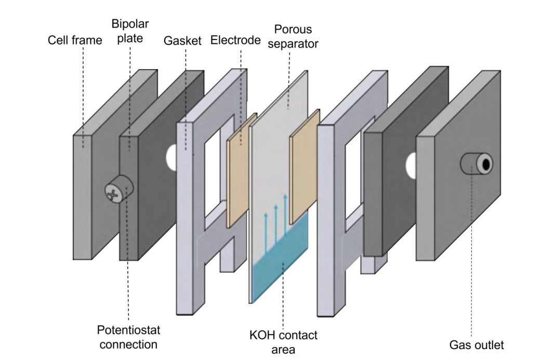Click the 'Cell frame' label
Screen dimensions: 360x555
point(75,40)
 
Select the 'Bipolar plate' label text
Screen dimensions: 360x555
point(129,32)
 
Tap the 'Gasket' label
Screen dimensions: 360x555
point(182,41)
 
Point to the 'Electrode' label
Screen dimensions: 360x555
point(235,40)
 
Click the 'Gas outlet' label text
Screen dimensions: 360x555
point(476,344)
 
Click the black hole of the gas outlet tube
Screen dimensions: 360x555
point(486,165)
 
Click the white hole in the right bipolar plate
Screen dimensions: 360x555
point(411,166)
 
